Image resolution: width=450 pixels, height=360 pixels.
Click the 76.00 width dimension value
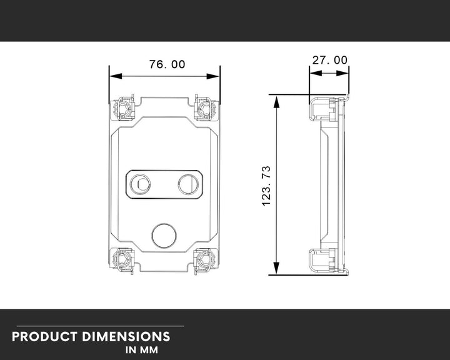pyautogui.click(x=167, y=64)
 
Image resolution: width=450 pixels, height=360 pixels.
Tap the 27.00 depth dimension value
pyautogui.click(x=330, y=60)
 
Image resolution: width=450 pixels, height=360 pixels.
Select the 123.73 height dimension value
pyautogui.click(x=266, y=186)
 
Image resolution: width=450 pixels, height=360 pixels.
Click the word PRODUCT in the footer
pyautogui.click(x=44, y=337)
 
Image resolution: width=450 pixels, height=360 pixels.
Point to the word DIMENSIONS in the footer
pyautogui.click(x=126, y=337)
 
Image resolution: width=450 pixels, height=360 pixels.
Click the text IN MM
pyautogui.click(x=141, y=350)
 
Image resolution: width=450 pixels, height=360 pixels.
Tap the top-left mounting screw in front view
pyautogui.click(x=124, y=109)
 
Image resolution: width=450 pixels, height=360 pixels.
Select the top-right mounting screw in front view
pyautogui.click(x=204, y=109)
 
